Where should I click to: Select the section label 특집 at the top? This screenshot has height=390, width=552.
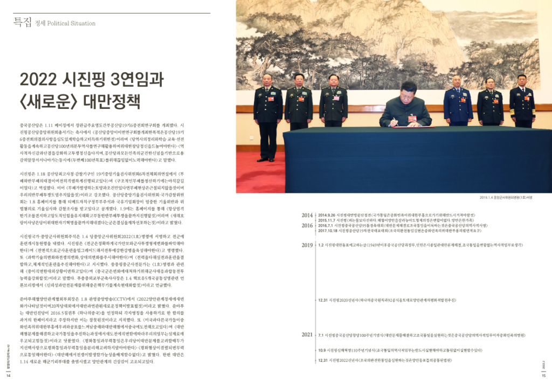pos(22,23)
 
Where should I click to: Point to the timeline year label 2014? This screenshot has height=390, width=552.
pos(307,215)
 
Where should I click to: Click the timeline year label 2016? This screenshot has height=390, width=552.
pos(307,226)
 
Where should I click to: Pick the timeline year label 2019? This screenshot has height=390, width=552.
pos(307,245)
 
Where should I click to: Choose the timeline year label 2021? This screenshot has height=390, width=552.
pos(307,335)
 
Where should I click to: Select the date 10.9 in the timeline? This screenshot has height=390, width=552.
pos(322,350)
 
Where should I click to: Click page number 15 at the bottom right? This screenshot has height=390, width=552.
pos(544,375)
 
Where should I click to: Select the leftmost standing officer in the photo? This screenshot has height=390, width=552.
pos(268,113)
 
